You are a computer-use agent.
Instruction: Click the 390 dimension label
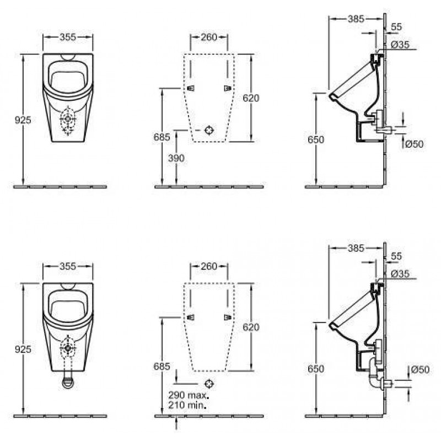pyautogui.click(x=176, y=158)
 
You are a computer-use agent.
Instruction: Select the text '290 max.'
pyautogui.click(x=189, y=395)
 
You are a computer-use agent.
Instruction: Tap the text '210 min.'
pyautogui.click(x=187, y=405)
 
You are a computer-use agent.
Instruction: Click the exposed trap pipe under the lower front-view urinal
pyautogui.click(x=68, y=380)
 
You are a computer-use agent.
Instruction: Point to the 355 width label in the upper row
pyautogui.click(x=68, y=37)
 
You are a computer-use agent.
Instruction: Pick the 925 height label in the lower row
pyautogui.click(x=23, y=349)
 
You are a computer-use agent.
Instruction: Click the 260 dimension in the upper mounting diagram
pyautogui.click(x=209, y=37)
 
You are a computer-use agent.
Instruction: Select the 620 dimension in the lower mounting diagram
pyautogui.click(x=251, y=327)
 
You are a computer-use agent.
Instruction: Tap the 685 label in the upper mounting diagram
pyautogui.click(x=162, y=137)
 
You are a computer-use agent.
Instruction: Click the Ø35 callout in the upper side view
pyautogui.click(x=400, y=45)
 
